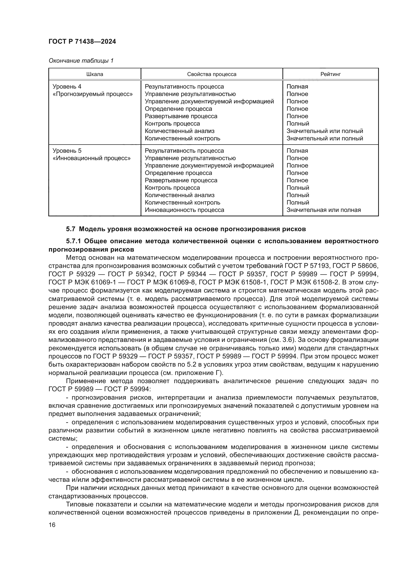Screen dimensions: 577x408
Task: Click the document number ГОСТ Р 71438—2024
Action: coord(82,42)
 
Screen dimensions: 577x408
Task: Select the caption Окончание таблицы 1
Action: coord(81,61)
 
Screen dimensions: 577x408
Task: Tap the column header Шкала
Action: coord(95,74)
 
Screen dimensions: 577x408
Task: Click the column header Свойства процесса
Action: coord(212,74)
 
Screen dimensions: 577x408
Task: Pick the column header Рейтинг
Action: coord(330,74)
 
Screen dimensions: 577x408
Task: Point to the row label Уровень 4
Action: coord(67,87)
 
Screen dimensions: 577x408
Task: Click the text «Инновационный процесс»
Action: coord(92,158)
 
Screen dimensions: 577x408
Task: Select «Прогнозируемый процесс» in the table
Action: coord(93,94)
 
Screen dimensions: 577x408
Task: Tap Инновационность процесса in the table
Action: coord(185,210)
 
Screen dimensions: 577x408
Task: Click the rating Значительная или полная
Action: coord(324,210)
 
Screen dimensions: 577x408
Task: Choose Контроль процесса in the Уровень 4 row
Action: coord(172,124)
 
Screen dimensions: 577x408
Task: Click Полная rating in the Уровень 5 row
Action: coord(297,151)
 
